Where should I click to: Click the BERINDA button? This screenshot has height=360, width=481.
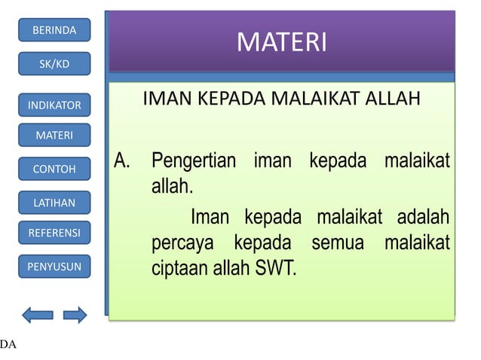[x=54, y=30]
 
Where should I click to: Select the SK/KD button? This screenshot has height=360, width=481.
[x=54, y=64]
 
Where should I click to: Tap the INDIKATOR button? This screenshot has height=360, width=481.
[x=54, y=105]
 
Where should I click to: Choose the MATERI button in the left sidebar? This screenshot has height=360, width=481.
[x=54, y=136]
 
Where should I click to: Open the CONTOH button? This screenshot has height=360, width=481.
[x=54, y=169]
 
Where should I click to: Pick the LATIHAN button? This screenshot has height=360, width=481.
[x=54, y=203]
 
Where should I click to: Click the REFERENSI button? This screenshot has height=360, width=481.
[x=54, y=233]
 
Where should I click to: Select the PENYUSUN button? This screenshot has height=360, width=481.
[x=54, y=266]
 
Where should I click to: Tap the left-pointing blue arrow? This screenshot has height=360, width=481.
[x=38, y=315]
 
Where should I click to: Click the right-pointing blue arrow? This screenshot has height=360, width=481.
[x=75, y=315]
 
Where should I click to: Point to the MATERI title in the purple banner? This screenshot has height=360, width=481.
[x=281, y=42]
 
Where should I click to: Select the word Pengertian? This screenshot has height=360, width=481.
[x=193, y=161]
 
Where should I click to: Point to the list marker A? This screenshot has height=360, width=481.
[x=123, y=161]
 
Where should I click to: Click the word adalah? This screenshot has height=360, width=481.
[x=419, y=218]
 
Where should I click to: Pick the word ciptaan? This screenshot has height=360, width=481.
[x=177, y=269]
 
